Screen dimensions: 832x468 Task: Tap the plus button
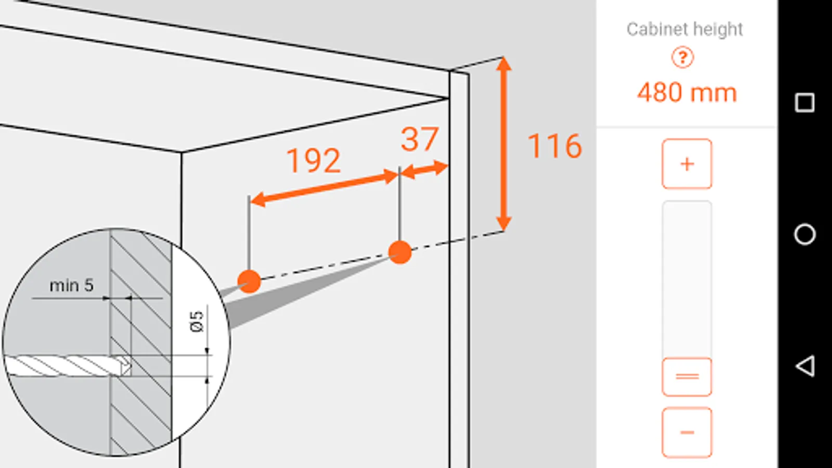click(x=687, y=164)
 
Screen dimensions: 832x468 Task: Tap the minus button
click(x=687, y=432)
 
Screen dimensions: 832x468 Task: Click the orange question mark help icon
click(x=682, y=58)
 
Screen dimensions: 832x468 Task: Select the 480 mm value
click(x=687, y=93)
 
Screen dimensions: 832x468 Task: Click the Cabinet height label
click(x=684, y=29)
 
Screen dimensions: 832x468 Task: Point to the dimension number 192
click(x=314, y=161)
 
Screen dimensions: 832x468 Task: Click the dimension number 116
click(x=554, y=146)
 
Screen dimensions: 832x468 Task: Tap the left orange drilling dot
click(x=249, y=281)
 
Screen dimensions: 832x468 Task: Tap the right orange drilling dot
click(x=400, y=252)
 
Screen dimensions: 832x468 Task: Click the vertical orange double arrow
click(x=503, y=144)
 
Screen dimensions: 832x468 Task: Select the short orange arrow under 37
click(x=424, y=170)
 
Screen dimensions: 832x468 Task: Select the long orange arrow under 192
click(x=324, y=188)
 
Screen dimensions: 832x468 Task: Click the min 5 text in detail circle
click(x=71, y=285)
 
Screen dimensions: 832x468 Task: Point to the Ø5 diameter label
click(x=197, y=321)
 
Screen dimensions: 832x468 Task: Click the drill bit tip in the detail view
click(x=128, y=366)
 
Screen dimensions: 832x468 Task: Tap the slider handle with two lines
click(x=687, y=376)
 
